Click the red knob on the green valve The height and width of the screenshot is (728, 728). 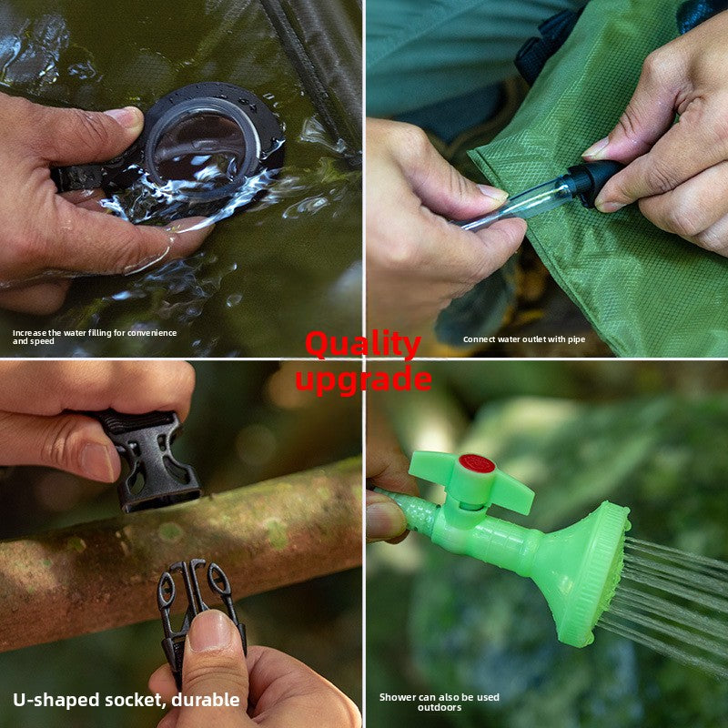[x=476, y=463]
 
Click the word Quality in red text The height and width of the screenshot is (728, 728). [x=362, y=345]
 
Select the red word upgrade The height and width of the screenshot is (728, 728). [x=362, y=379]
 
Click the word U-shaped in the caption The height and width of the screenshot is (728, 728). [x=56, y=700]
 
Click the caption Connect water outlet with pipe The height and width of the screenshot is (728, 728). [x=523, y=339]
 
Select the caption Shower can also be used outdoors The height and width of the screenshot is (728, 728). [x=440, y=702]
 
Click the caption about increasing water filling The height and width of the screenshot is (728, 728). [x=95, y=337]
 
